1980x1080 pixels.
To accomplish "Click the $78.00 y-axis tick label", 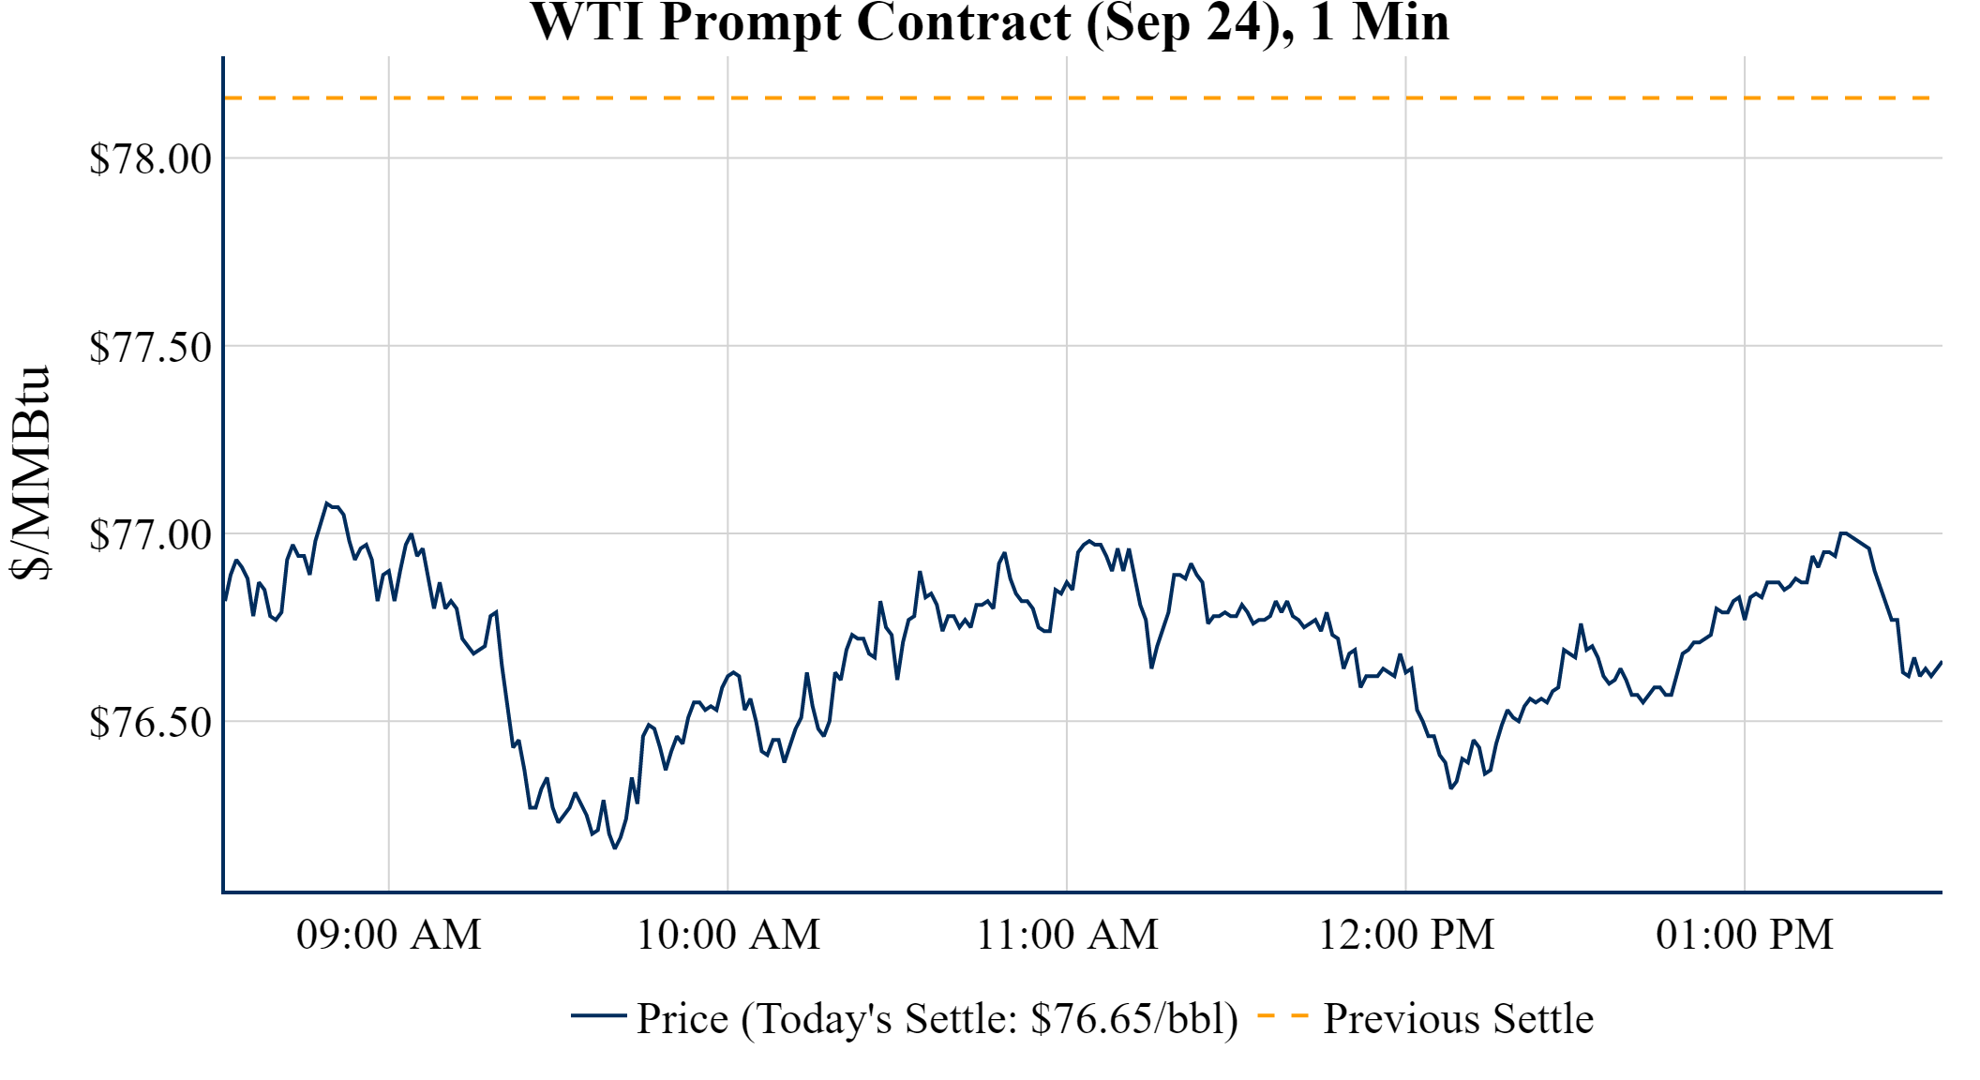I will point(150,158).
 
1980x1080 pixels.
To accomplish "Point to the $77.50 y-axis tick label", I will point(150,347).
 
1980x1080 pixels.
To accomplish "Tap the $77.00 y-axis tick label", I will point(150,534).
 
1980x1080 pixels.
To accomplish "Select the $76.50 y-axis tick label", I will point(150,722).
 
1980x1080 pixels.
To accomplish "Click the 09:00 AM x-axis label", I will point(389,935).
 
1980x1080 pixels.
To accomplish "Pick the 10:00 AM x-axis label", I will point(728,935).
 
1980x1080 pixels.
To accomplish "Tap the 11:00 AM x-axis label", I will point(1067,935).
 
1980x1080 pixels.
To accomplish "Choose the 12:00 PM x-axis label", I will point(1406,935).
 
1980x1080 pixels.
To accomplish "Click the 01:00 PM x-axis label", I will point(1745,935).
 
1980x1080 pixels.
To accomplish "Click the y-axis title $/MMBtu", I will point(30,473).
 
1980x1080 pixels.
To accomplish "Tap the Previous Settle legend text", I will point(1458,1019).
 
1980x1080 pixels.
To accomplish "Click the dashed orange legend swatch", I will point(1282,1015).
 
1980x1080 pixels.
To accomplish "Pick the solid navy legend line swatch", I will point(598,1015).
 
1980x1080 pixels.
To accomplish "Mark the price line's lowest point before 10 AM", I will point(615,847).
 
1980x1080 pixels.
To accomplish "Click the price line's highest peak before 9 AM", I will point(327,503).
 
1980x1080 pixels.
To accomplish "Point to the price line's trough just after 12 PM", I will point(1451,787).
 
